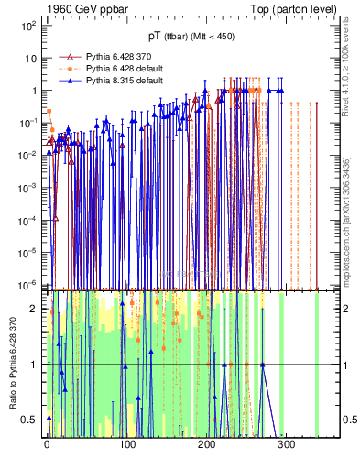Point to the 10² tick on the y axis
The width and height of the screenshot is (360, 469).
click(x=30, y=26)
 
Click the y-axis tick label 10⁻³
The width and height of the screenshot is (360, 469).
click(x=30, y=188)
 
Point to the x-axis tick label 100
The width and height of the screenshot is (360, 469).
click(x=127, y=446)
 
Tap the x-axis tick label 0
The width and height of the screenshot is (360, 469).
click(x=48, y=446)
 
